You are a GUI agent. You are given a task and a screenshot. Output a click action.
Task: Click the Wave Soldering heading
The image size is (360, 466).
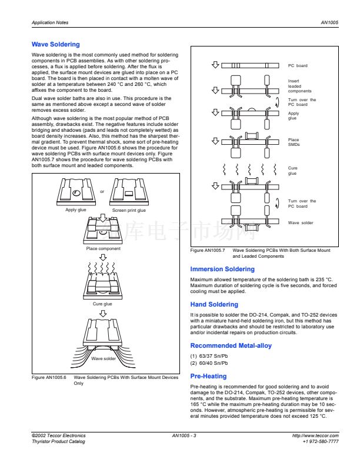coord(55,45)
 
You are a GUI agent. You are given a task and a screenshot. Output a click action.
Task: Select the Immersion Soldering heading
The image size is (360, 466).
coord(222,269)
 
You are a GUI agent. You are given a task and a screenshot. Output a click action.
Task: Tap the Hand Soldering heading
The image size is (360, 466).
coord(214,305)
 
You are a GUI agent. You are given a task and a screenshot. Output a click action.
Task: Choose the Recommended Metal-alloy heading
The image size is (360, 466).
coord(231,346)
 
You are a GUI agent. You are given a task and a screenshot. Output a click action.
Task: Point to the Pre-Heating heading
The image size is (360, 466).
coord(208,376)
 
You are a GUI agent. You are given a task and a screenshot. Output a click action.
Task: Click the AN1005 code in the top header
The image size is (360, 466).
coord(329,23)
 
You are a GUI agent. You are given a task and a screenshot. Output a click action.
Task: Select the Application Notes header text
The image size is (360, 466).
coord(50,23)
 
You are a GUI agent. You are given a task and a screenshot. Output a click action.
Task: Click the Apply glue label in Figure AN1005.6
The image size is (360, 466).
coord(75,210)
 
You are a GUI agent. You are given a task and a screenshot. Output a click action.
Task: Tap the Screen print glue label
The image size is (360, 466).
coord(129,210)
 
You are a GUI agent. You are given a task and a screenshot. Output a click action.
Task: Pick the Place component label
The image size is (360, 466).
coord(103,249)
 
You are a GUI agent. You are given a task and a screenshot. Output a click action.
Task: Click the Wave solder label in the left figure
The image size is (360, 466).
coord(104,358)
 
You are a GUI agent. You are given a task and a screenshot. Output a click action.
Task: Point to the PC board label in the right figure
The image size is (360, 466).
coord(298,66)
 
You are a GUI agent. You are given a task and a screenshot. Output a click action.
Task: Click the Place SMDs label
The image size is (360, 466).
coord(294,142)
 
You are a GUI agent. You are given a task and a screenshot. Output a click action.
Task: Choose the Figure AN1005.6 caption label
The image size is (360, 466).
coord(49,378)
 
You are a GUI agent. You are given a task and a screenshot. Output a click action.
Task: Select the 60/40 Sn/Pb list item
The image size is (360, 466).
coord(209,363)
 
